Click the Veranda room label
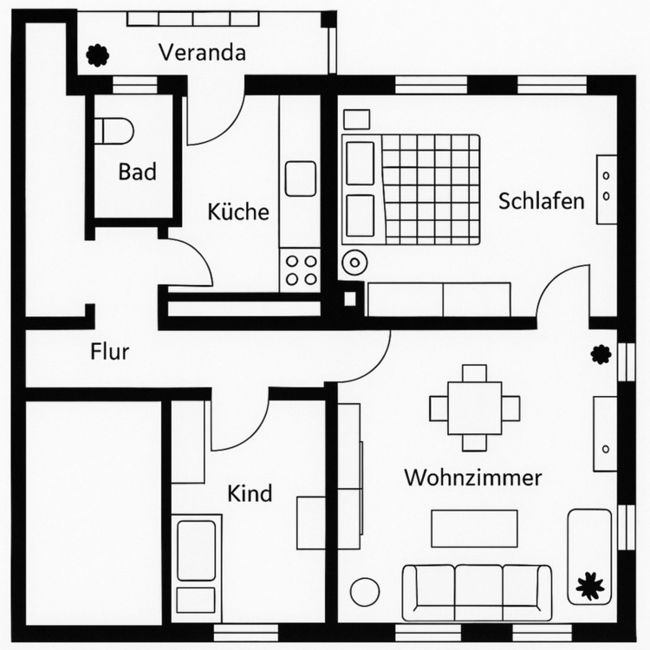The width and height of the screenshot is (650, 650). (202, 53)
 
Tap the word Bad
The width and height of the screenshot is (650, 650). (137, 172)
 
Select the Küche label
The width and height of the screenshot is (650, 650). (238, 211)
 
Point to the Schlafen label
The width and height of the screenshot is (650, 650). (541, 201)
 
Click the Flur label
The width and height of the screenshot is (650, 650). (110, 352)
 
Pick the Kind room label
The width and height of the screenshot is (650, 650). (250, 494)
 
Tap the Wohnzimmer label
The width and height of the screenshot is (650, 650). (472, 478)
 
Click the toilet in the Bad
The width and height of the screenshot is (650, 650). (114, 130)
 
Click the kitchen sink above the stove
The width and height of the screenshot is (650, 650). (301, 179)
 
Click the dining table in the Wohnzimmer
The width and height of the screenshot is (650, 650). (474, 407)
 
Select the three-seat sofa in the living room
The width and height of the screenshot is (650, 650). (477, 591)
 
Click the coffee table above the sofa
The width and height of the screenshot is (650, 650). (474, 528)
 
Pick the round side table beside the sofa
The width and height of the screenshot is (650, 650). (365, 592)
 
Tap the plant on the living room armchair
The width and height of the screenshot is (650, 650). (591, 586)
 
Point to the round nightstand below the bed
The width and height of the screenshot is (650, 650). (354, 262)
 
